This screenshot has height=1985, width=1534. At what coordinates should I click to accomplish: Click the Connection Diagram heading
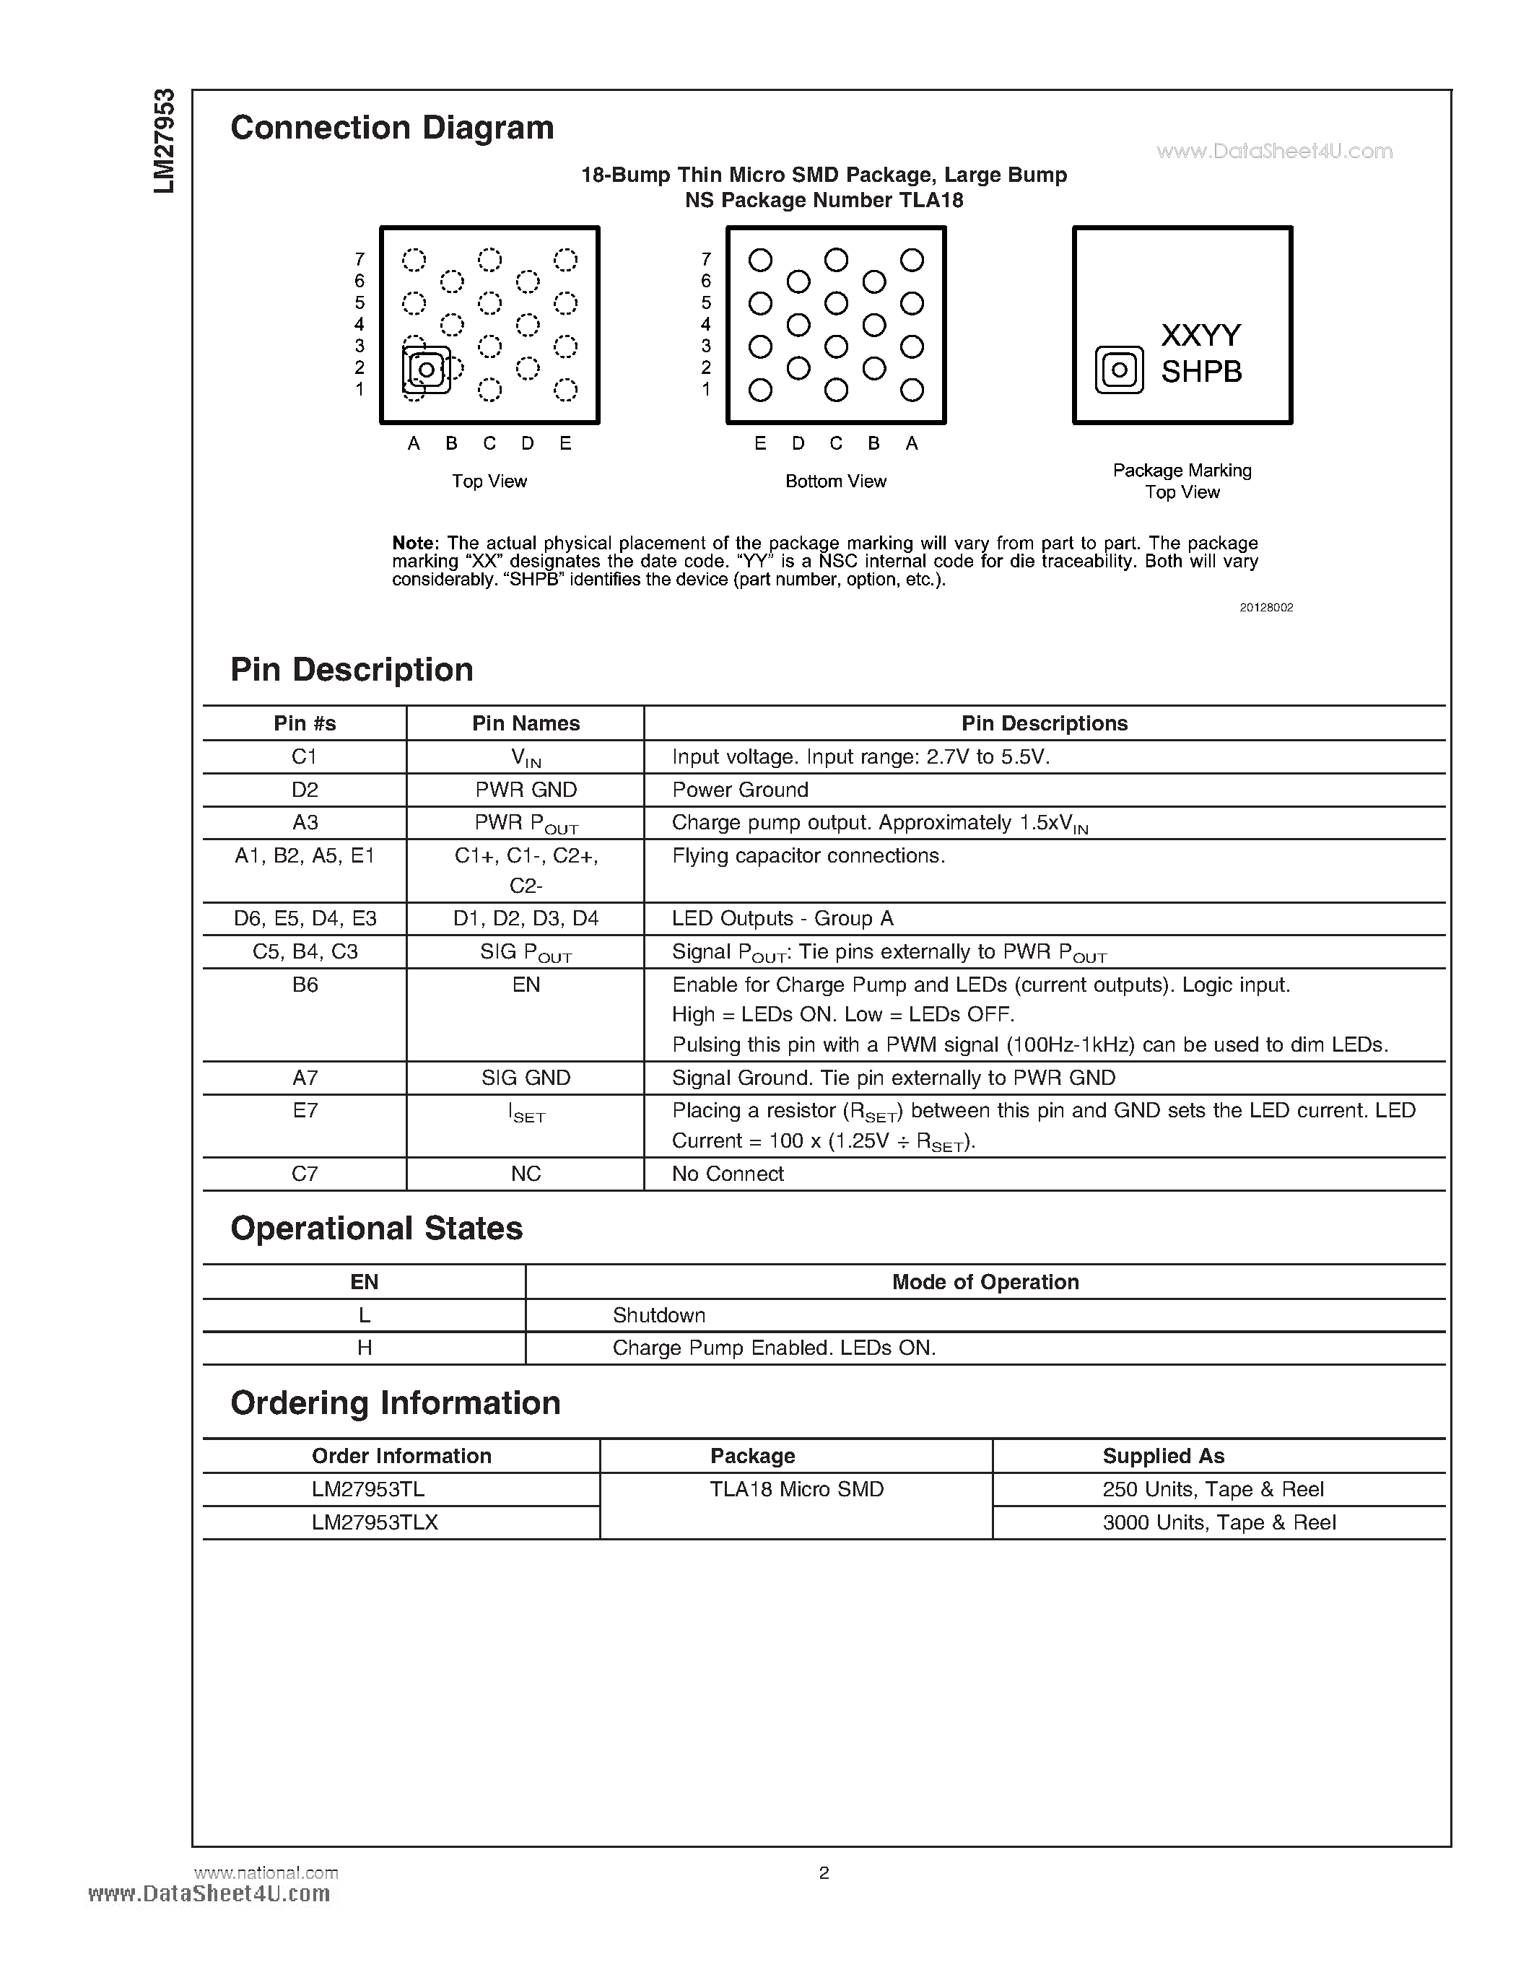(x=392, y=127)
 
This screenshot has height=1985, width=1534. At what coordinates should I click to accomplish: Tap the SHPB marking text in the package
(x=1200, y=372)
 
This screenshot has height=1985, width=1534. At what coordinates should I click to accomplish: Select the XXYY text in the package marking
(x=1200, y=336)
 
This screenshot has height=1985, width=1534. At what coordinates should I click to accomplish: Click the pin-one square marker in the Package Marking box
(x=1119, y=370)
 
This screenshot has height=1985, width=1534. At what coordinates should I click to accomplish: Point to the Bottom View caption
(x=835, y=481)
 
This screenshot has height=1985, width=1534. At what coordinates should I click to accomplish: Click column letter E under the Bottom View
(x=759, y=443)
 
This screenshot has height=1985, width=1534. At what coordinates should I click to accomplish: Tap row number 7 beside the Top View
(x=360, y=260)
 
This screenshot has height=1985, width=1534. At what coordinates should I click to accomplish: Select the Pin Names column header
(x=526, y=723)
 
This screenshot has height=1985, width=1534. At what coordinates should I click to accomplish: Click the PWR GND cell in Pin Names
(x=526, y=790)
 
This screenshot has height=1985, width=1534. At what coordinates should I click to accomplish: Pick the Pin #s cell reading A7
(x=305, y=1078)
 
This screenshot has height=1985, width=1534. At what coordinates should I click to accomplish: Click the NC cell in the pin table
(x=526, y=1174)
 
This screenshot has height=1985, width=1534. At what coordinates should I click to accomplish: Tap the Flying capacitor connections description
(x=808, y=856)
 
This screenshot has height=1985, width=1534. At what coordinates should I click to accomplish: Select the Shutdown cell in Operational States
(x=659, y=1315)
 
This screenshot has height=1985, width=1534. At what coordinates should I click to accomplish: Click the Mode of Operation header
(x=985, y=1283)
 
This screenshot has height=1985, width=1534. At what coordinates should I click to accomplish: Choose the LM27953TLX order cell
(x=375, y=1522)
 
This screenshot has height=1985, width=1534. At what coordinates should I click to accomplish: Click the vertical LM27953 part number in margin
(x=164, y=141)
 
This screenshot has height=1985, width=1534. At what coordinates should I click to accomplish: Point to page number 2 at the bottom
(x=824, y=1872)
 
